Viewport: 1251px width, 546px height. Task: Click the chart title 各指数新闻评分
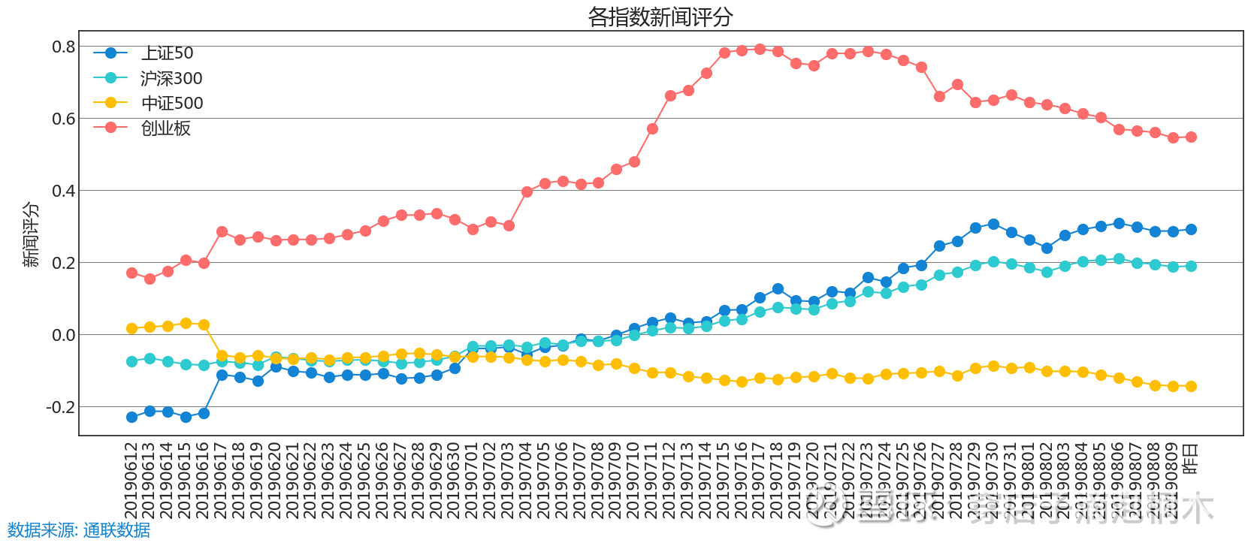pos(660,17)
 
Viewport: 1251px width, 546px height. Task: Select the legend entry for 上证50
pos(167,53)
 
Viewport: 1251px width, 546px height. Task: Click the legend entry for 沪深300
pos(171,78)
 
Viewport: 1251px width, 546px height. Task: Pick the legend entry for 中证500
pos(172,103)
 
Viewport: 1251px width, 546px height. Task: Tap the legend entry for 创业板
pos(165,128)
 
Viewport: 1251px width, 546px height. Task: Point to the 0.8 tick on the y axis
pos(64,47)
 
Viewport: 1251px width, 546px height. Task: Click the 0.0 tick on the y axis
pos(64,335)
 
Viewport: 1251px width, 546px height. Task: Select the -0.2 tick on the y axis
pos(61,407)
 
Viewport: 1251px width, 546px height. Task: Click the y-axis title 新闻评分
pos(31,234)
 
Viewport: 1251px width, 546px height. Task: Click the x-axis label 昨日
pos(1191,459)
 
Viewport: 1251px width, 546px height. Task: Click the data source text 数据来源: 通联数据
pos(79,530)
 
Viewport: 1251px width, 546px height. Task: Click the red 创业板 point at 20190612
pos(131,273)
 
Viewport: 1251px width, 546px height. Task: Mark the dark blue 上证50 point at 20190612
pos(131,417)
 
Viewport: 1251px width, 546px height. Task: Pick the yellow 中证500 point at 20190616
pos(204,325)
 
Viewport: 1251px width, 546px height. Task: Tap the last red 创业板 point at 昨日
pos(1191,137)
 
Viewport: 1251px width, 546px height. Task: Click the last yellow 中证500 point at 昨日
pos(1191,386)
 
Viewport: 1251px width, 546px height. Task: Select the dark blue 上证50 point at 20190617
pos(222,375)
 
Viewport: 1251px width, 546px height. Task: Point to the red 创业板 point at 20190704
pos(527,192)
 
